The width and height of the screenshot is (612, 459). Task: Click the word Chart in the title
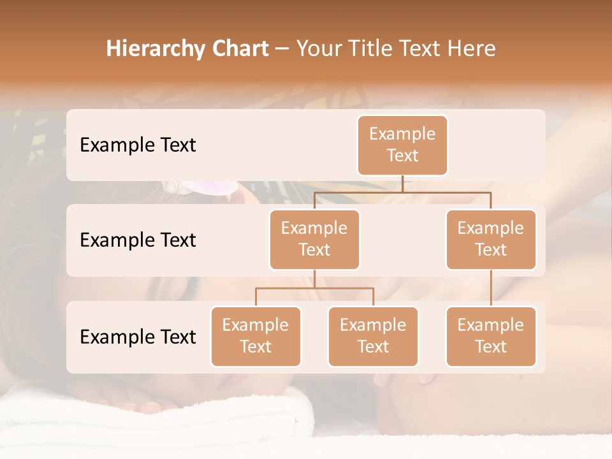click(240, 48)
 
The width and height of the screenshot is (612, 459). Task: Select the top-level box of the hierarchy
click(402, 145)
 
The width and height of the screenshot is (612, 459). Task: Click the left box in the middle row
click(314, 239)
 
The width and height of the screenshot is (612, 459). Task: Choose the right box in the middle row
click(491, 239)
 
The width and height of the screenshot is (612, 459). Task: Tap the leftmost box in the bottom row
click(256, 336)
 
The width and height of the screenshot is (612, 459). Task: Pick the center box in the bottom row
click(373, 336)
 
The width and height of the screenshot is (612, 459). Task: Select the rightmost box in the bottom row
click(491, 336)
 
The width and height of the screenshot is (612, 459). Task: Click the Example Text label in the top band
click(138, 145)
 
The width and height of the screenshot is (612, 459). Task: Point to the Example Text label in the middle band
click(138, 240)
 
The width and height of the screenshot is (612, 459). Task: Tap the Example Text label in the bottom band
click(138, 337)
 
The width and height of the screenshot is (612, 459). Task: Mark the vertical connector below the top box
click(402, 184)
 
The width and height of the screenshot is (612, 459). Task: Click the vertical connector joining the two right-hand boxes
click(491, 288)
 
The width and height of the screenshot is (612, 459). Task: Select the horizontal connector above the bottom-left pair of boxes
click(314, 288)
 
